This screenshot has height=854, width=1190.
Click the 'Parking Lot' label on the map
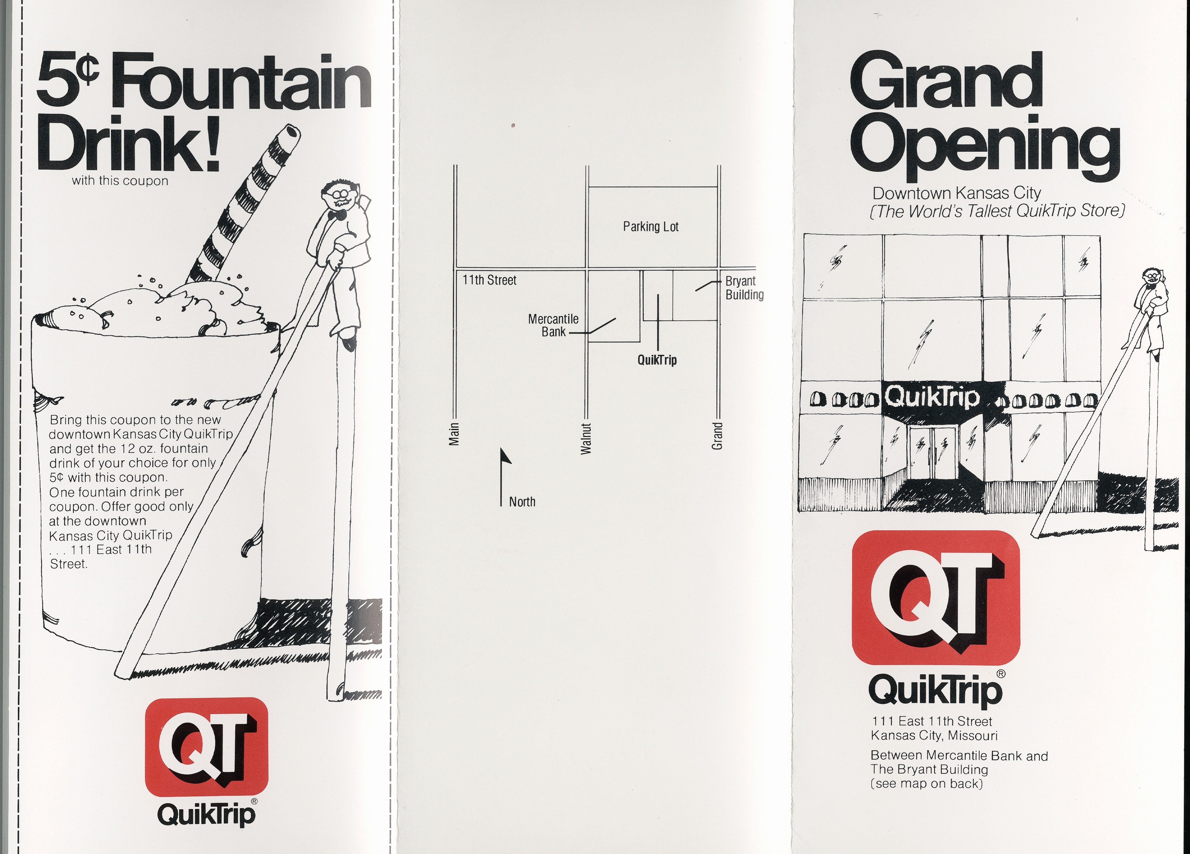click(650, 227)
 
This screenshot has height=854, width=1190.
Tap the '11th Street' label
click(489, 280)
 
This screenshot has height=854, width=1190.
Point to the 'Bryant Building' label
click(744, 288)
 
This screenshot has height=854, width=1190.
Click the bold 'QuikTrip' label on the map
click(657, 360)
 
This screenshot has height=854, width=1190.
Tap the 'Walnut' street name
click(586, 438)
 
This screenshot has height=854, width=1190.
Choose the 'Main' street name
click(454, 434)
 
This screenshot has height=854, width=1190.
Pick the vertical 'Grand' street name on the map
click(717, 436)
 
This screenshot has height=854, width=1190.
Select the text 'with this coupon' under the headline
click(120, 181)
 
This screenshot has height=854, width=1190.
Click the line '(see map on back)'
click(926, 784)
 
